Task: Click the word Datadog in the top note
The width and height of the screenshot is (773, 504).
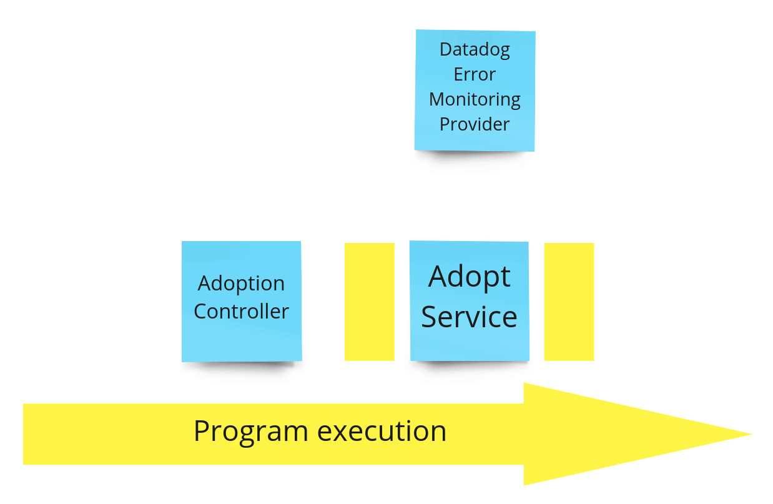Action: (475, 50)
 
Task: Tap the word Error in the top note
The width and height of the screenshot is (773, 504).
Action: (475, 74)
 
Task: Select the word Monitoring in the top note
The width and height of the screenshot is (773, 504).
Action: (475, 99)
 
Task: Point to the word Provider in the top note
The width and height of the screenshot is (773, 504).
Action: (475, 124)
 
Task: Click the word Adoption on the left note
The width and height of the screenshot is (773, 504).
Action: (241, 284)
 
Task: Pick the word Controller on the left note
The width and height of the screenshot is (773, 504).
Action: (241, 311)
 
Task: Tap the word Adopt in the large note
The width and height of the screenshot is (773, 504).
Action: (470, 277)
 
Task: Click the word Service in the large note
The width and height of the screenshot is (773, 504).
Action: (470, 317)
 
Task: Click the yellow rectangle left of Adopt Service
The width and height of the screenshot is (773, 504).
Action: (370, 302)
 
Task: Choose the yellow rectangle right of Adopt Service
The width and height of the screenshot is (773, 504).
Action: (569, 302)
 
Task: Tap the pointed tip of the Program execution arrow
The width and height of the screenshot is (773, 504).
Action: (754, 434)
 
